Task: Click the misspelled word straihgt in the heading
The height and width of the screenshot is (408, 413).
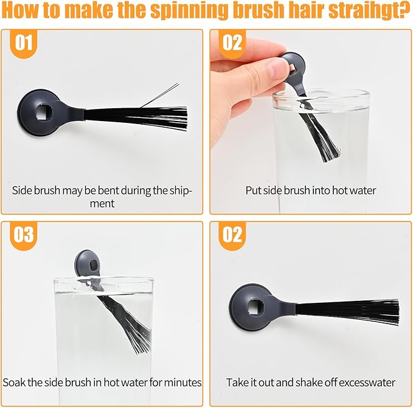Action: [369, 10]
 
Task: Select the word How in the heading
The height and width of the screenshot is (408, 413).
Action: [21, 10]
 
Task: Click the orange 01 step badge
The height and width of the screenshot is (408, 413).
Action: [24, 43]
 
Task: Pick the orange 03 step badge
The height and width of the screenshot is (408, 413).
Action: [24, 235]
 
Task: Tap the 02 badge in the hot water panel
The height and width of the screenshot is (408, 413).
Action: [232, 43]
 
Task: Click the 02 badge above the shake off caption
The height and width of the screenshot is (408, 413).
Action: [232, 235]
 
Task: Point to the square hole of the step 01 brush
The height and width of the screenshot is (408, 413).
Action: [44, 114]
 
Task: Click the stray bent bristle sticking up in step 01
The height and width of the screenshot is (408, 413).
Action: [160, 95]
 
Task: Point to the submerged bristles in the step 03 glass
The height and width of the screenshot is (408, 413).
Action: [129, 323]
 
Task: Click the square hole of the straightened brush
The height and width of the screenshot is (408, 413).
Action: [255, 306]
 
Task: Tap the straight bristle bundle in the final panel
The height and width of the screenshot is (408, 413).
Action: [347, 312]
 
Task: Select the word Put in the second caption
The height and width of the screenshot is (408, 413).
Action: [254, 190]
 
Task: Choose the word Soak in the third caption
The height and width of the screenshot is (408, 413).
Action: [14, 382]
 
